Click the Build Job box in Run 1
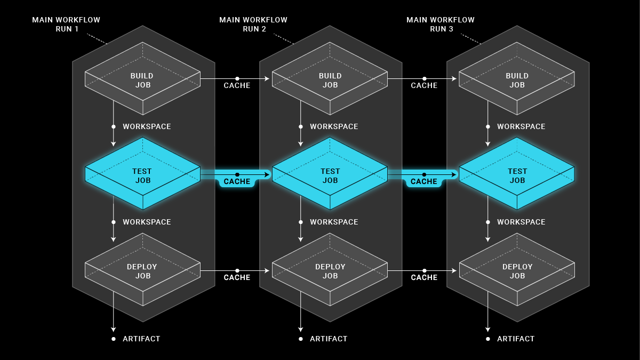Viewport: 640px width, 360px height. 142,79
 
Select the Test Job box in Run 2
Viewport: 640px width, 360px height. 330,175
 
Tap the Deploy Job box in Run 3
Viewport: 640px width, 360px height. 517,270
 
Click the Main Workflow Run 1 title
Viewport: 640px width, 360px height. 66,25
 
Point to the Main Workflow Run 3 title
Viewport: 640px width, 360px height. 441,25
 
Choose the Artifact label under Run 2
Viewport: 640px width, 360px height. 329,339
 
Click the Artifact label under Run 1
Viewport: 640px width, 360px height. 141,339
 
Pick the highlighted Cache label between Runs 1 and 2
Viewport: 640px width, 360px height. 237,182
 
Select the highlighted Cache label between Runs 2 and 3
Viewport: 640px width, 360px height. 424,182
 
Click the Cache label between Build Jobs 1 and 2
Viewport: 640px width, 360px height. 237,86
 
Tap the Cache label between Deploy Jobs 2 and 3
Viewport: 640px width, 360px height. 424,278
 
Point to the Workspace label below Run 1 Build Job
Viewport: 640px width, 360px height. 147,127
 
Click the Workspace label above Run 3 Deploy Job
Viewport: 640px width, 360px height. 521,222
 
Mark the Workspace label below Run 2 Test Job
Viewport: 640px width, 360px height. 334,222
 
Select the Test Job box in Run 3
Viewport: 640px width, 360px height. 517,175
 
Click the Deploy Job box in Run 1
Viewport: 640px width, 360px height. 142,270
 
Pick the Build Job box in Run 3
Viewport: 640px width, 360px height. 517,79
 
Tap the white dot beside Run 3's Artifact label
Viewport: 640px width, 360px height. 487,339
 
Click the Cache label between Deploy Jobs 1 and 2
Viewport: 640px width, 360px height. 237,278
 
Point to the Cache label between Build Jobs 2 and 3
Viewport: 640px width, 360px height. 424,86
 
